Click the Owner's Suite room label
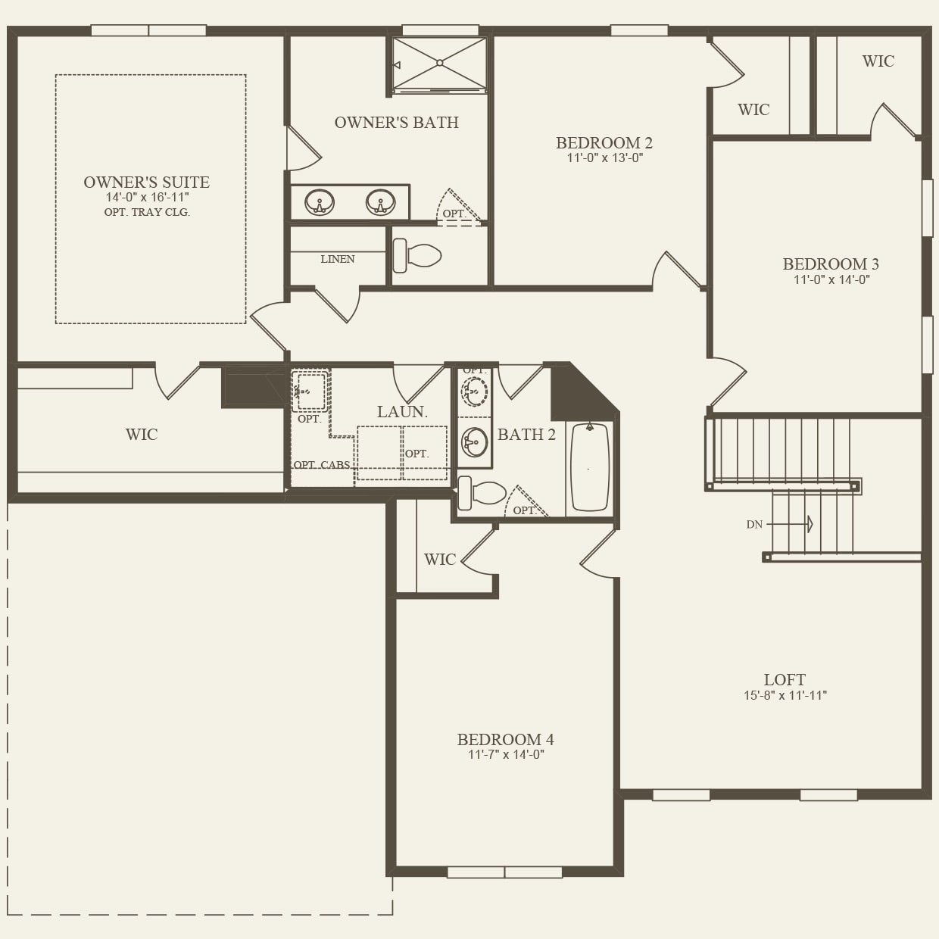click(146, 182)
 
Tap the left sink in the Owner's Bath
click(320, 203)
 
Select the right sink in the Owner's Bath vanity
click(380, 203)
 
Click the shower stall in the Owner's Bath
click(439, 64)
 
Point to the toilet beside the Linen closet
click(417, 256)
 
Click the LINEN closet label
click(337, 259)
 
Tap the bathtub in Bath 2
click(590, 467)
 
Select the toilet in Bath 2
click(482, 493)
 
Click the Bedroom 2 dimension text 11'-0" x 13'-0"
click(604, 158)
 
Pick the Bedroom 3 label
click(831, 264)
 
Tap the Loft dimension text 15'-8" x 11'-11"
click(785, 695)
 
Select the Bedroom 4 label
click(505, 740)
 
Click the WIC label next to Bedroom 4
click(440, 560)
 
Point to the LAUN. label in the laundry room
click(402, 412)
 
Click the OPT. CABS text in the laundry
click(322, 465)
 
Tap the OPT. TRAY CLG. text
click(147, 212)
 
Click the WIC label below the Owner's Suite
click(142, 435)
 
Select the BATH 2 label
click(526, 435)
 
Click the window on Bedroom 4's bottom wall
click(504, 872)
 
